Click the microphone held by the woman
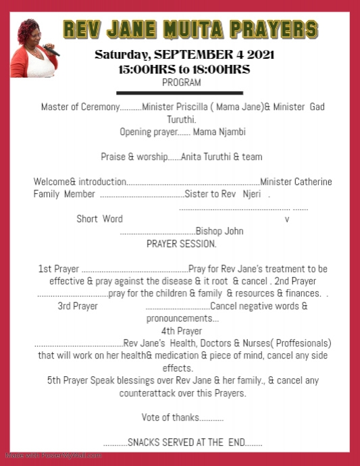pos(51,49)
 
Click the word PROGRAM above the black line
pos(182,82)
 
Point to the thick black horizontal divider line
pos(179,93)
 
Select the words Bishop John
pos(220,231)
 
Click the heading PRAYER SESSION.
pos(181,243)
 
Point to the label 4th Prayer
pos(181,331)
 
